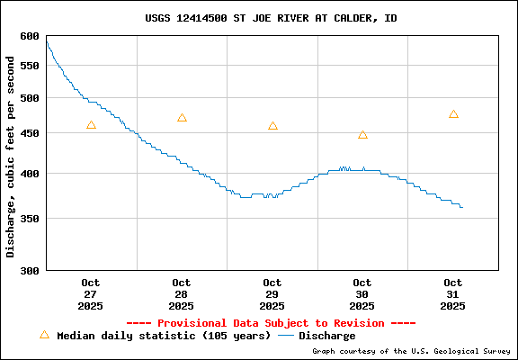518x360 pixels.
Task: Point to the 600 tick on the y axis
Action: click(x=30, y=36)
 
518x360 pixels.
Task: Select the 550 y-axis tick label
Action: click(x=30, y=66)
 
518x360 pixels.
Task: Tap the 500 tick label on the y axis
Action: click(x=30, y=98)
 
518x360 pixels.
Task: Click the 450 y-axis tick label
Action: click(x=30, y=133)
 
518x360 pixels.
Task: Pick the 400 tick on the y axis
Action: click(x=30, y=173)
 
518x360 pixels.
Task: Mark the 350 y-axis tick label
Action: click(x=30, y=218)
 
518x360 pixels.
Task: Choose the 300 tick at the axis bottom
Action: click(x=30, y=269)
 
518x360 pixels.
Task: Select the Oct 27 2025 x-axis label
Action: click(x=91, y=294)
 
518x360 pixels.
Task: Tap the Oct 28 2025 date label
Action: click(x=182, y=294)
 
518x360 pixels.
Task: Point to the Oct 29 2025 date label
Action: click(x=272, y=294)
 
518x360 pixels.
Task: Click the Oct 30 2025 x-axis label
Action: click(x=362, y=294)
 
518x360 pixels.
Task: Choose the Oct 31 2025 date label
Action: click(x=453, y=294)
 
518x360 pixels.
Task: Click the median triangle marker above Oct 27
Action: click(x=91, y=125)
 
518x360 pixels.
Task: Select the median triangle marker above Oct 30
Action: click(x=362, y=134)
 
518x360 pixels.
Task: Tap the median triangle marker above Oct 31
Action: click(x=453, y=114)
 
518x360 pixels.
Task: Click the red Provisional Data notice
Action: click(x=271, y=322)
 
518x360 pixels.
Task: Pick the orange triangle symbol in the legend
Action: click(x=44, y=335)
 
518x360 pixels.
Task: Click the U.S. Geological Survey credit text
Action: click(x=412, y=351)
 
